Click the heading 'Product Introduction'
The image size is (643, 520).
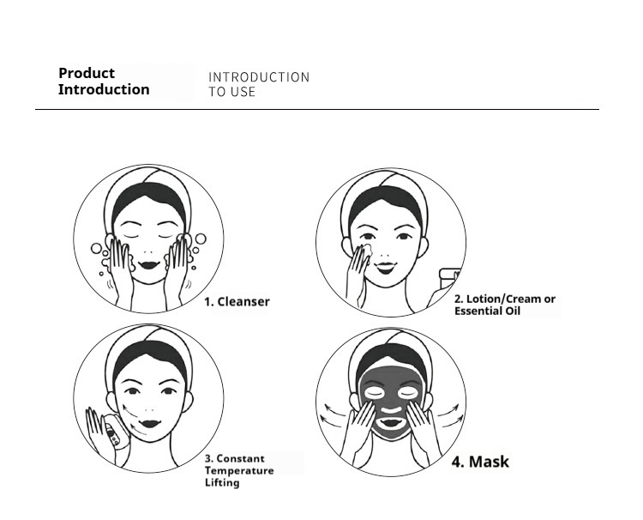click(x=104, y=82)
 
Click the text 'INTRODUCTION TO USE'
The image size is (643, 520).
click(x=258, y=84)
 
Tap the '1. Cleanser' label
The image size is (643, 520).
click(x=237, y=302)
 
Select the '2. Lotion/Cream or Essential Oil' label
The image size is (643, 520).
click(x=504, y=305)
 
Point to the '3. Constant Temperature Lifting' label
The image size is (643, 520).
click(x=239, y=470)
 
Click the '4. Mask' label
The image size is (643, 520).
click(x=480, y=462)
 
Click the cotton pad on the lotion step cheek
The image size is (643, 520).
click(x=365, y=251)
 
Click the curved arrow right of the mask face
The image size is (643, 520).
click(x=452, y=418)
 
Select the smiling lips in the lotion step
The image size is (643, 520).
click(x=391, y=261)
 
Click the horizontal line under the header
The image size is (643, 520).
click(x=317, y=110)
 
